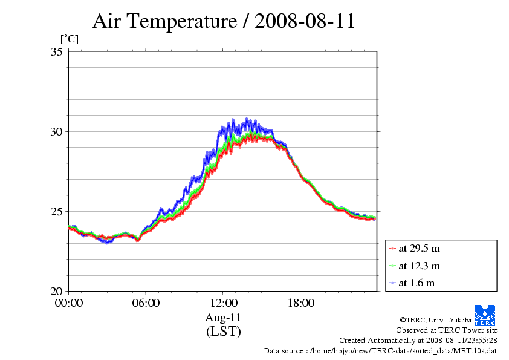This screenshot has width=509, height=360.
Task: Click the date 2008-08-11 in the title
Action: coord(305,22)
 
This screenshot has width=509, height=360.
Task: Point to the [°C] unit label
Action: coord(69,39)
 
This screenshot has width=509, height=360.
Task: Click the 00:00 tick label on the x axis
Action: coord(68,303)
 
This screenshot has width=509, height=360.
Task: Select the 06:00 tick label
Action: coord(146,303)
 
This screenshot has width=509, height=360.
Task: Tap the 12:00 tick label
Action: coord(223,303)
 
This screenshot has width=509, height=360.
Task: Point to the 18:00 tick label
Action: coord(300,303)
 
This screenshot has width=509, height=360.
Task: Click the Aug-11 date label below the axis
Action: coord(224,318)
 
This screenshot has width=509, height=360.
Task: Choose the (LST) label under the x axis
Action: coord(224,331)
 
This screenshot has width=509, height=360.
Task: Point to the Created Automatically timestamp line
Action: coord(418,341)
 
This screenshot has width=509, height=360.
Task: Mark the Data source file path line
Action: coord(380,350)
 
